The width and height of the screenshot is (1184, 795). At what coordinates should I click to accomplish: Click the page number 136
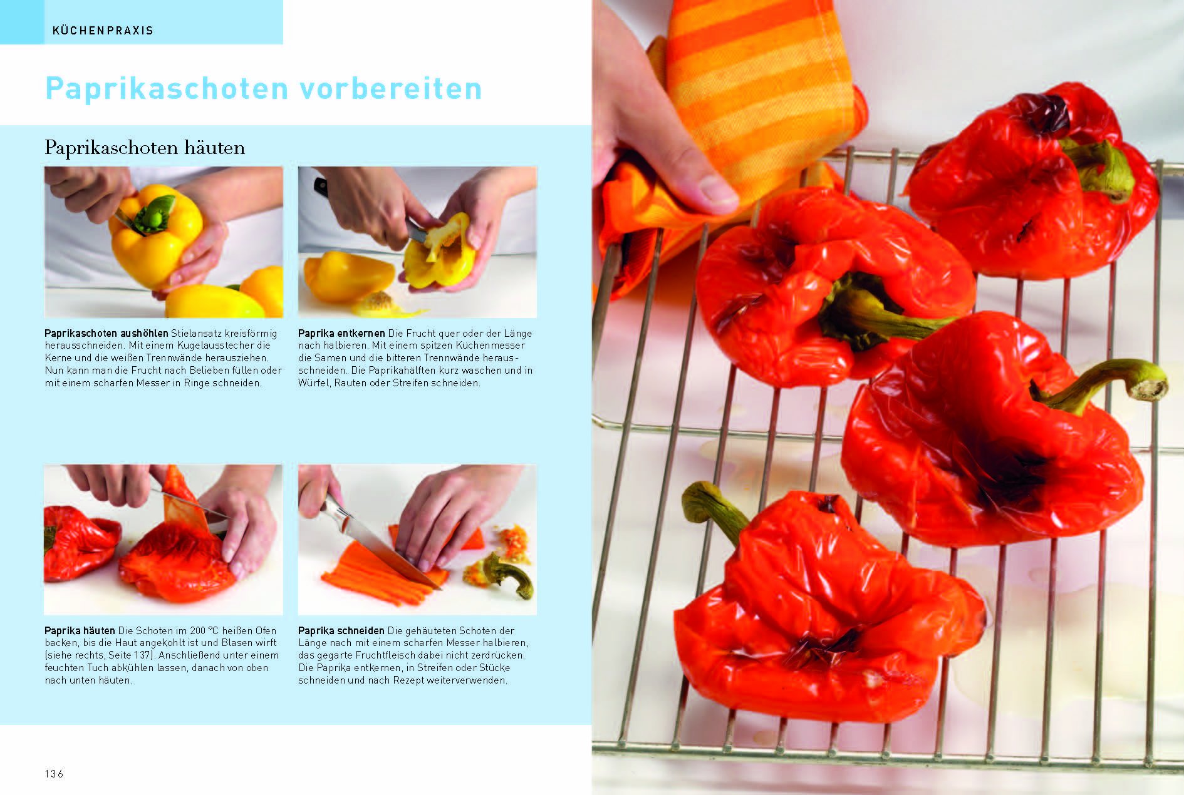(54, 774)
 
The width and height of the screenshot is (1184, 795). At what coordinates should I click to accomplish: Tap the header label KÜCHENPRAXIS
(103, 31)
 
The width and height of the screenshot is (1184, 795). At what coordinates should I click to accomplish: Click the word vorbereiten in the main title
(391, 88)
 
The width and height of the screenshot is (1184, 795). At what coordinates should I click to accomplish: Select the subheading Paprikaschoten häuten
(145, 148)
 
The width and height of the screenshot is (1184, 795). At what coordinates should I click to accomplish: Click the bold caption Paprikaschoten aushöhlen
(106, 333)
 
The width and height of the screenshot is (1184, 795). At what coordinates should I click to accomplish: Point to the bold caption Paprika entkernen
(341, 333)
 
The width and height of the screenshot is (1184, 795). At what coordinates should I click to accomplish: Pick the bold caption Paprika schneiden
(341, 630)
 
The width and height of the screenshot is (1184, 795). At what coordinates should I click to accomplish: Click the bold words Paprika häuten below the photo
(80, 630)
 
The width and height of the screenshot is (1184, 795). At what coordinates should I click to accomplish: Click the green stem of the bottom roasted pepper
(714, 510)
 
